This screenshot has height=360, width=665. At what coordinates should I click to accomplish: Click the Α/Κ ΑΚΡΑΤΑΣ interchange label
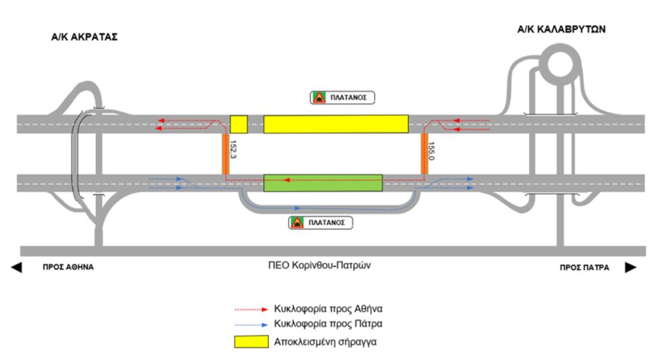point(84,37)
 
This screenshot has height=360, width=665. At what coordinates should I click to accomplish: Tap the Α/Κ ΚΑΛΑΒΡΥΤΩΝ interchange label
point(561,29)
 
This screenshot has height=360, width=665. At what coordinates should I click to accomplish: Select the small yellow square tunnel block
point(239,124)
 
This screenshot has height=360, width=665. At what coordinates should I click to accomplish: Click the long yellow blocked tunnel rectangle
point(336,124)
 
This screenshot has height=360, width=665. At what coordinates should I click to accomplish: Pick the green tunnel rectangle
point(323,183)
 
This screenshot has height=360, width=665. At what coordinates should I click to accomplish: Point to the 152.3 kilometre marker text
point(233,149)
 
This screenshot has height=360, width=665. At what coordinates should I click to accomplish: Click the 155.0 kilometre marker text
point(431,151)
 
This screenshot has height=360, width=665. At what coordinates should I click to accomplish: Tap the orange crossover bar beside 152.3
point(226,154)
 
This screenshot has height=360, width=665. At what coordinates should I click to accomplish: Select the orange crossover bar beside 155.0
point(424,154)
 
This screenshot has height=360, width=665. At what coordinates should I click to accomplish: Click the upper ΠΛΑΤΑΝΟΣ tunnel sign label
point(343,97)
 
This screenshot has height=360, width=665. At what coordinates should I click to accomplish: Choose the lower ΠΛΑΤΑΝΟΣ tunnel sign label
point(320,223)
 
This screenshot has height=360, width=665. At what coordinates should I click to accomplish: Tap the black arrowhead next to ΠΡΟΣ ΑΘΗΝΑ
point(17,267)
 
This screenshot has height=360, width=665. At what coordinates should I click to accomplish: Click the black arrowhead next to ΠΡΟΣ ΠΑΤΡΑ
point(631,267)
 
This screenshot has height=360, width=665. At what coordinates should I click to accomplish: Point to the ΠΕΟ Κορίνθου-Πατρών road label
point(319,265)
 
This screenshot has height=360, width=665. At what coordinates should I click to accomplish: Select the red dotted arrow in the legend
point(251,310)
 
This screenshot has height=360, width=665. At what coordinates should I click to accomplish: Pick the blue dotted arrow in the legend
point(251,325)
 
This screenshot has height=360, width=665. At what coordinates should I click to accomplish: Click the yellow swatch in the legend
point(251,342)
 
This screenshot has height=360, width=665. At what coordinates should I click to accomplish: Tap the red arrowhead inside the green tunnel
point(287,180)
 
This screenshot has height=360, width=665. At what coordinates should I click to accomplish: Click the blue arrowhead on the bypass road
point(298,208)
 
